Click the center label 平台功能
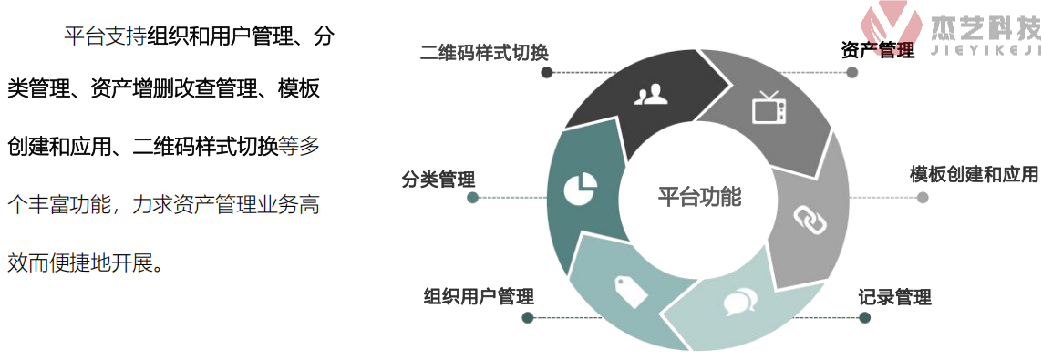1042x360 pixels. tap(699, 197)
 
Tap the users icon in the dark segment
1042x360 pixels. tap(648, 94)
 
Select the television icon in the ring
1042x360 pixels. tap(769, 108)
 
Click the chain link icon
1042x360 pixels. tap(808, 217)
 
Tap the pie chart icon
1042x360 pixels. tap(579, 189)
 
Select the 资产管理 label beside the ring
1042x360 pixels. tap(877, 51)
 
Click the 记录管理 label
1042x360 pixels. tap(894, 298)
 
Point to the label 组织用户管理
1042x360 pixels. tap(479, 296)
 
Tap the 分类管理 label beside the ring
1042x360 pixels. tap(438, 180)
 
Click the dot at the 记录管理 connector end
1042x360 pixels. tap(864, 318)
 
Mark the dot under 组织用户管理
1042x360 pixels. tap(527, 318)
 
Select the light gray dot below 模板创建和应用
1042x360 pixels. tap(923, 198)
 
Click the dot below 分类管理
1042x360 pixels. tap(472, 198)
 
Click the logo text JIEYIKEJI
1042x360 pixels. tap(984, 51)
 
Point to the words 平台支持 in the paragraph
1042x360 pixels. tap(105, 38)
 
